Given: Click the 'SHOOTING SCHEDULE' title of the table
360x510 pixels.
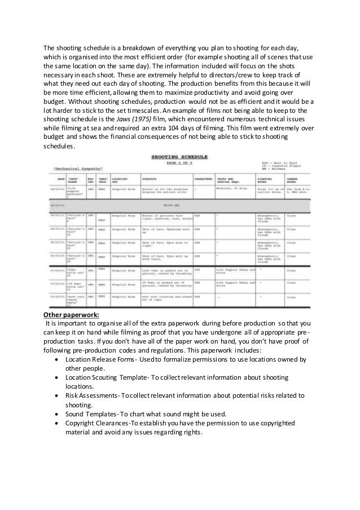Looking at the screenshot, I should [179, 156].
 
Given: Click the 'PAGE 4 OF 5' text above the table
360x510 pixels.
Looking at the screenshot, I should [179, 162].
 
